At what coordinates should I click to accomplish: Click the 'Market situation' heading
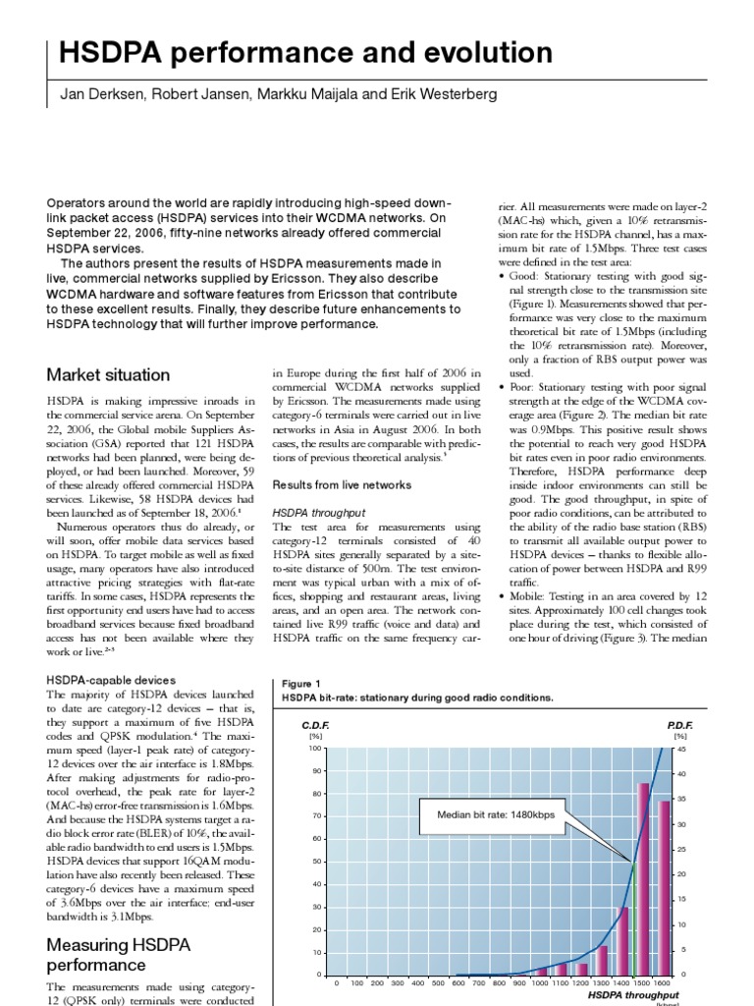(x=108, y=375)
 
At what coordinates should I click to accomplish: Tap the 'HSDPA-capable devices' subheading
(x=111, y=680)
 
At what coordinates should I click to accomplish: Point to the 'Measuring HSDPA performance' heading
(x=131, y=954)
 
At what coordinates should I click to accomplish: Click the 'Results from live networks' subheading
(x=342, y=485)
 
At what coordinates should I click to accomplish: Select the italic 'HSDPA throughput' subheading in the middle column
(x=318, y=513)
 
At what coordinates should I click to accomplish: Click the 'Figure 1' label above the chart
(x=301, y=684)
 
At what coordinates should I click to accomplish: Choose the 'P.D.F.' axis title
(x=678, y=724)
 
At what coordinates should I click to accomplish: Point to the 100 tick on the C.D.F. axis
(x=315, y=749)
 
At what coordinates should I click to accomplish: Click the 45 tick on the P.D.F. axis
(x=682, y=749)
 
